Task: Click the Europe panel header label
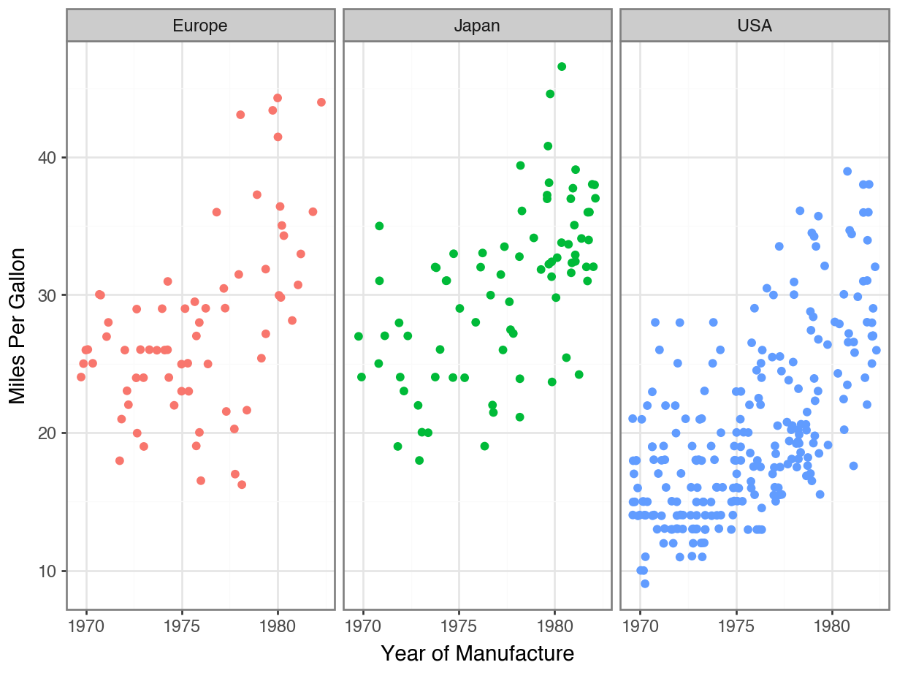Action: coord(200,26)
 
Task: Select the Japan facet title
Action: coord(477,26)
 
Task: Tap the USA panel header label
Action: coord(755,26)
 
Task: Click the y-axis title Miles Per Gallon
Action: coord(18,326)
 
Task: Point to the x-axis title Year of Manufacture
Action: coord(478,653)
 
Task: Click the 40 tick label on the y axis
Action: coord(47,158)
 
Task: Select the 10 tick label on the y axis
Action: coord(47,571)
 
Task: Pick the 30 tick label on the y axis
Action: coord(47,295)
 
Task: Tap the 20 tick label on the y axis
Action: coord(47,433)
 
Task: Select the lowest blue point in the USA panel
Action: coord(645,583)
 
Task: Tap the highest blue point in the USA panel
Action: coord(847,171)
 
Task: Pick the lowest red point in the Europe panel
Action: coord(242,484)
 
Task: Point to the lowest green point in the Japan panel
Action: coord(419,460)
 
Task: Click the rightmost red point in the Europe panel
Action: coord(321,102)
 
